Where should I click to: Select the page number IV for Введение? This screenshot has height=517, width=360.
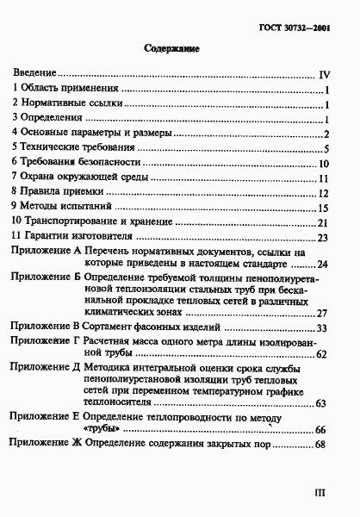point(326,75)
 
